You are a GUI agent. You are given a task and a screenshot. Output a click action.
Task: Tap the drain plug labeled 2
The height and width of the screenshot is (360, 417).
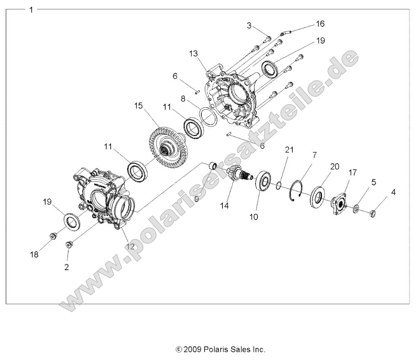point(69,245)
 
